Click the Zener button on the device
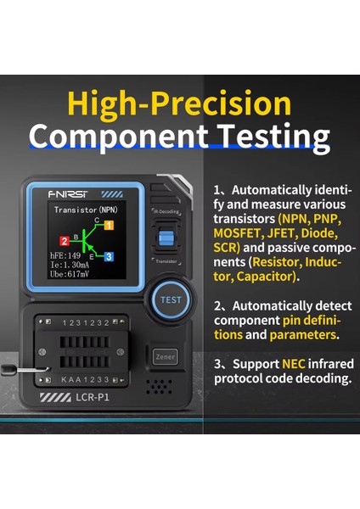[164, 357]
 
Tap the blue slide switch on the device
[166, 238]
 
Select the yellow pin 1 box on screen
[109, 226]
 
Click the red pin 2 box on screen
[65, 241]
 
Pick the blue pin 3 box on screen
[109, 256]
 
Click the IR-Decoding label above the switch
[166, 210]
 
